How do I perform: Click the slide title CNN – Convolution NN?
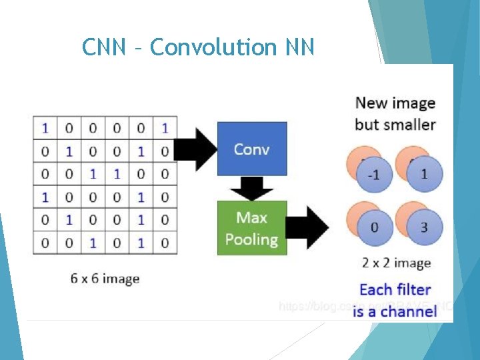(x=198, y=47)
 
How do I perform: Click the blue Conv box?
(x=251, y=148)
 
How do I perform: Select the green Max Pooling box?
(x=251, y=228)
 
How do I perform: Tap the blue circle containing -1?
(x=375, y=175)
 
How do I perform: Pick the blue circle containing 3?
(x=424, y=227)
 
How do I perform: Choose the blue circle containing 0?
(x=375, y=227)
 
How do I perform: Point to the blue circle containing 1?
(x=424, y=175)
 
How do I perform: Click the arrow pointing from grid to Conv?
(x=197, y=148)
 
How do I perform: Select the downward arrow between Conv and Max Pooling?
(x=251, y=189)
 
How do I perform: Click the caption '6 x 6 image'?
(x=105, y=278)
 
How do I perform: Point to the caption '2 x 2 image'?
(x=396, y=263)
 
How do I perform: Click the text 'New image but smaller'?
(x=395, y=113)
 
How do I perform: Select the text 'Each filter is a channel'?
(x=395, y=300)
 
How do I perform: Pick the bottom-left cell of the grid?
(x=45, y=243)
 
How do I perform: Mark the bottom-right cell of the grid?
(x=165, y=243)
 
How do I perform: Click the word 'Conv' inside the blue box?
(x=251, y=149)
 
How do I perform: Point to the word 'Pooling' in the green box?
(x=251, y=239)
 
